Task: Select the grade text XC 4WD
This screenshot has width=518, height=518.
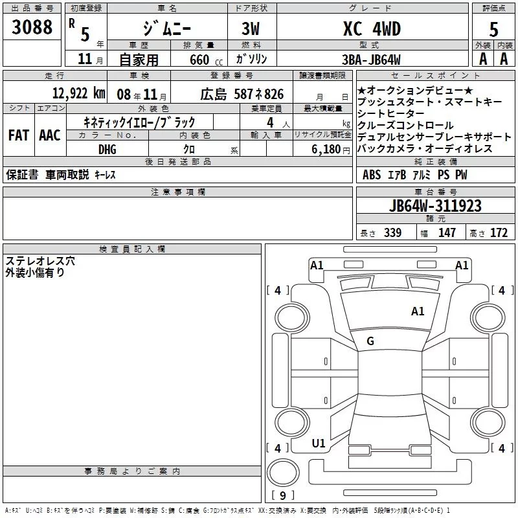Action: tap(371, 29)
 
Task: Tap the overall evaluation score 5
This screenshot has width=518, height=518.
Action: tap(493, 29)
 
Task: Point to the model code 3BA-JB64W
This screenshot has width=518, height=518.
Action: tap(372, 59)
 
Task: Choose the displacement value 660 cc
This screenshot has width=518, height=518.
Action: tap(196, 60)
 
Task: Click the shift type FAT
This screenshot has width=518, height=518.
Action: tap(18, 135)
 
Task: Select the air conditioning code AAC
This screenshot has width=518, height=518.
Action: tap(49, 135)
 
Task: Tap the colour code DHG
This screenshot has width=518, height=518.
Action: tap(107, 149)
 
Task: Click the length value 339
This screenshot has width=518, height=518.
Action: tap(392, 232)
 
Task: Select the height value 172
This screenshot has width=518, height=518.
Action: tap(499, 232)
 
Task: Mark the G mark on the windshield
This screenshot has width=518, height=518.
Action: tap(370, 341)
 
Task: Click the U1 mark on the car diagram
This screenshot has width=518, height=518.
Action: tap(319, 444)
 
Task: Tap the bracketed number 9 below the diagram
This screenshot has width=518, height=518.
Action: tap(282, 496)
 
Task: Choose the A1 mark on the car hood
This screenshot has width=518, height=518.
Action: tap(418, 311)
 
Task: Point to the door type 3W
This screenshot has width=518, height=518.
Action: tap(252, 29)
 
